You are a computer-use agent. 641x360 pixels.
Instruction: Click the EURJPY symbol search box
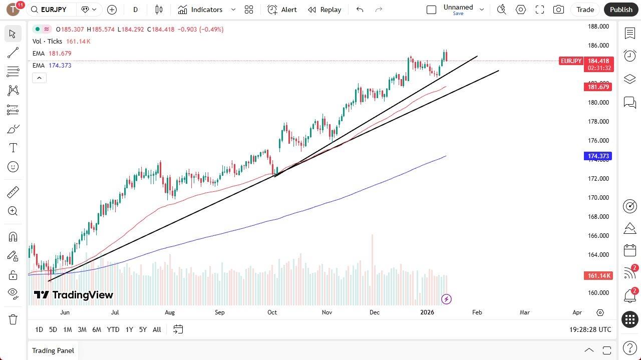52,10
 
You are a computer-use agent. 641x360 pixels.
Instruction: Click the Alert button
282,10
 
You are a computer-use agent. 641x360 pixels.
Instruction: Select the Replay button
325,10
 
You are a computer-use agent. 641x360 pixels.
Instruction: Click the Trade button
585,10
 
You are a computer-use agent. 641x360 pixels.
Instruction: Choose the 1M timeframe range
67,329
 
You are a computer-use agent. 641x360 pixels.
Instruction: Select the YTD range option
113,329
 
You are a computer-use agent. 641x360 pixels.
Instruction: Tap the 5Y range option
143,329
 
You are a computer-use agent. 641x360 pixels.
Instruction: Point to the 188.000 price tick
598,27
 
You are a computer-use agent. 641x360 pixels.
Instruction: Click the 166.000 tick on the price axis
598,236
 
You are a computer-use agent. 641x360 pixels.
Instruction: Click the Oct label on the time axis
272,312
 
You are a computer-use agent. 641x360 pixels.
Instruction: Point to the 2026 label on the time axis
427,312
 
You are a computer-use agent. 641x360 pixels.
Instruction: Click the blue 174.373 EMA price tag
598,156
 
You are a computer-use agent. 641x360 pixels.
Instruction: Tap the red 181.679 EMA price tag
598,87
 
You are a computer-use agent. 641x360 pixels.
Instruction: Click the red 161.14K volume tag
598,276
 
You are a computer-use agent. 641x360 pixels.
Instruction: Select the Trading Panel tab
53,350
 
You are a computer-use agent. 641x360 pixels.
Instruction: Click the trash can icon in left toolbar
13,319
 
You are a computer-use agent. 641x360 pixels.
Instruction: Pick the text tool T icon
13,148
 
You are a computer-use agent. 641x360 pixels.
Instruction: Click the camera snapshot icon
558,10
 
